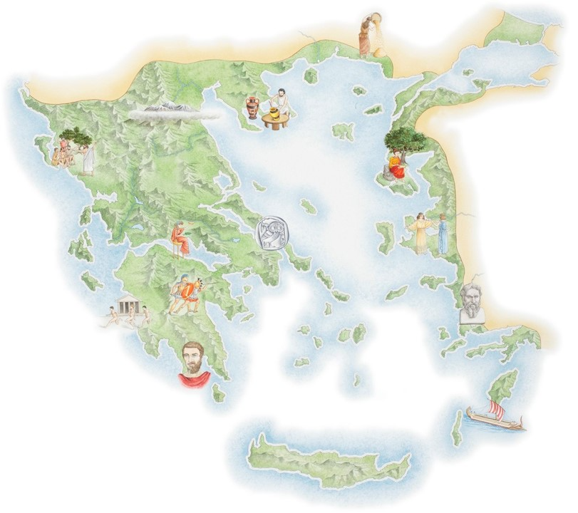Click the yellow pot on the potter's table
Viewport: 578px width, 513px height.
tap(272, 114)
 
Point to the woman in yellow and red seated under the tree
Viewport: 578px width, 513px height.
tap(394, 166)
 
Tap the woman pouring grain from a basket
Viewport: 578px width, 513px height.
tap(367, 36)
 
